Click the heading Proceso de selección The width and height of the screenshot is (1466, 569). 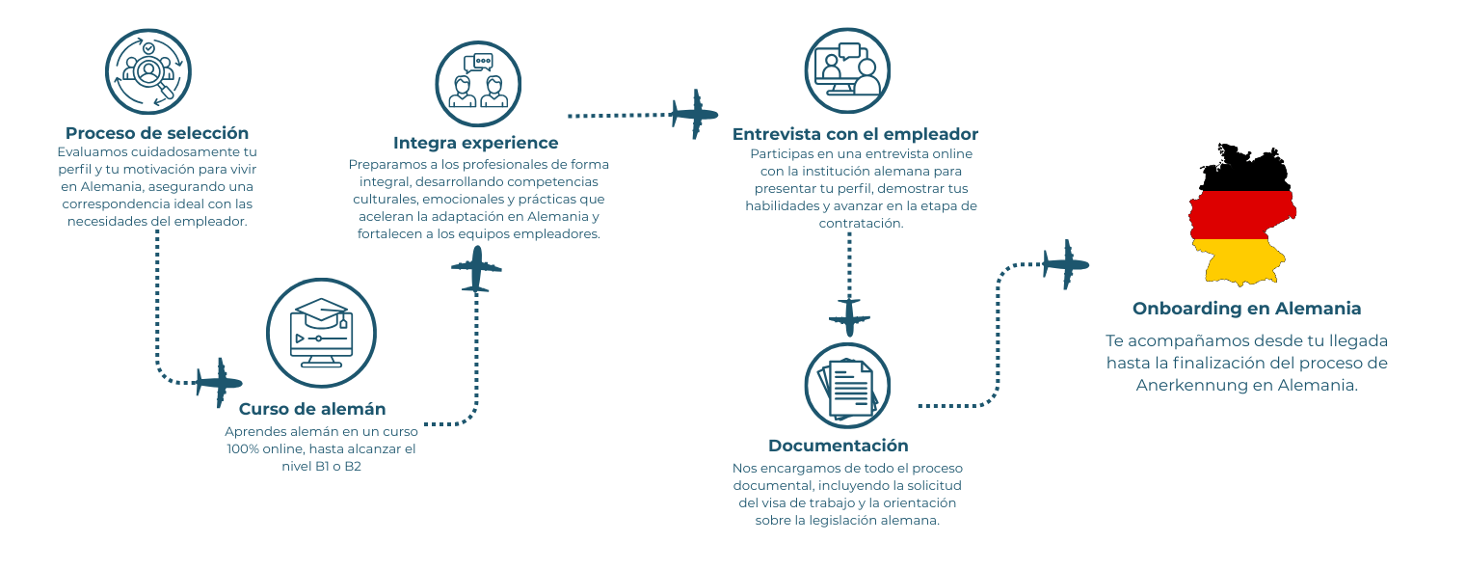(x=157, y=133)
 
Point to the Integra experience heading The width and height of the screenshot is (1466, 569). (x=475, y=143)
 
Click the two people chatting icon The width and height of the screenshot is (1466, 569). (x=478, y=83)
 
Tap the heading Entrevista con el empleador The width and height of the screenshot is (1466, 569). (x=855, y=134)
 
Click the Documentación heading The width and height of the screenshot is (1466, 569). (x=838, y=446)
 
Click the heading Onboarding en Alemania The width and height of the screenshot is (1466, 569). (x=1246, y=309)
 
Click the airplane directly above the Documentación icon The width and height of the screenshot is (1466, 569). (x=849, y=317)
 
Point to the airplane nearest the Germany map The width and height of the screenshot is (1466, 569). (x=1066, y=263)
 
